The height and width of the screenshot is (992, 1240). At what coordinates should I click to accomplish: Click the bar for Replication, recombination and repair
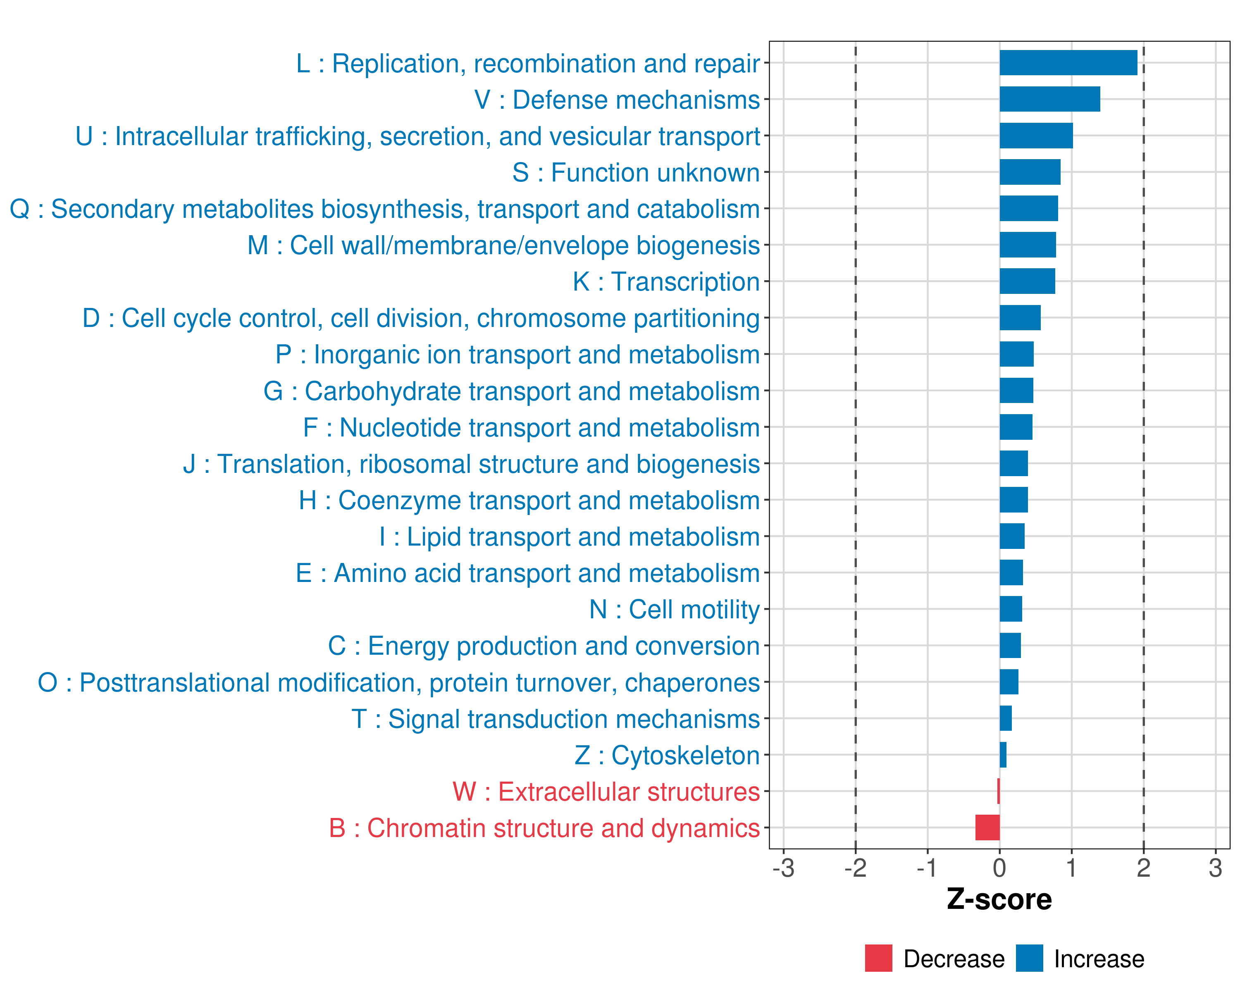tap(1068, 63)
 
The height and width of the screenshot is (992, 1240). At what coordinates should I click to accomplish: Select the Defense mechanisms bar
tap(1049, 99)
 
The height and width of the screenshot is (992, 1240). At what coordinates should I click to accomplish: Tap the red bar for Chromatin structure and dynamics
tap(987, 827)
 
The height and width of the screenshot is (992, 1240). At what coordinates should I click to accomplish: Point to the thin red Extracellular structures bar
tap(999, 791)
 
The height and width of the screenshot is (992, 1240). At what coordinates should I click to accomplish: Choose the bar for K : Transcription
tap(1027, 281)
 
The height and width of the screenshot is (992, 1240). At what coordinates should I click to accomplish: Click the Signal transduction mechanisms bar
tap(1005, 718)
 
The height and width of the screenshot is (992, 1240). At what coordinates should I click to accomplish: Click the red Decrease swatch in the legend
tap(878, 958)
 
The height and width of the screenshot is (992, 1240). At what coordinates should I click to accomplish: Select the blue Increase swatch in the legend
tap(1029, 958)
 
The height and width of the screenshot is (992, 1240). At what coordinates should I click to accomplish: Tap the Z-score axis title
tap(999, 899)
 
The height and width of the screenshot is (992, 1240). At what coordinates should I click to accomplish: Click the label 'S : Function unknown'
tap(636, 172)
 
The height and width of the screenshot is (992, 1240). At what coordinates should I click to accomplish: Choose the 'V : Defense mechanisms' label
tap(617, 100)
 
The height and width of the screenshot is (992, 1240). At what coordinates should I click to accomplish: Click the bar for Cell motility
tap(1011, 609)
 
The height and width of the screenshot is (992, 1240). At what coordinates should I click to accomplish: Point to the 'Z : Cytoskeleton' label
tap(667, 755)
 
